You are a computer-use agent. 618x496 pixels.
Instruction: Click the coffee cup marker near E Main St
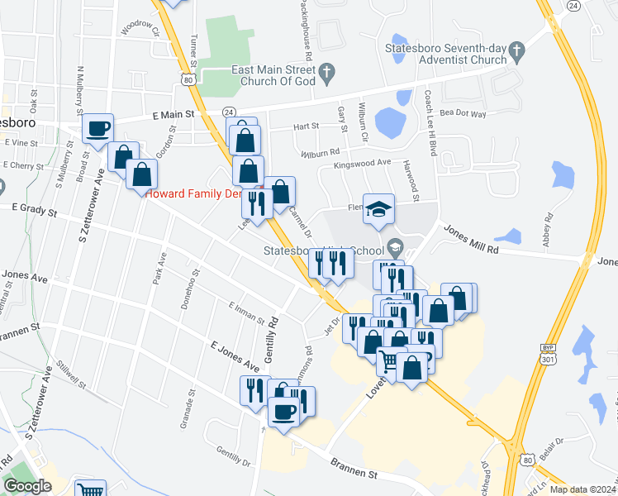(97, 129)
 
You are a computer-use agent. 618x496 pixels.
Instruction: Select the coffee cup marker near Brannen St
(283, 413)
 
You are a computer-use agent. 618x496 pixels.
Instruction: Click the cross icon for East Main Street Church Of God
(326, 72)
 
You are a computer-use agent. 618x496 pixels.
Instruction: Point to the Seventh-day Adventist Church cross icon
(517, 50)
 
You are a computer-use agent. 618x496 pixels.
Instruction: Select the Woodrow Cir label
(140, 28)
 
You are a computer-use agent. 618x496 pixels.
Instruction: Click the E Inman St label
(245, 312)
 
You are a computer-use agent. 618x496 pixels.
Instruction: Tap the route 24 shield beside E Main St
(228, 112)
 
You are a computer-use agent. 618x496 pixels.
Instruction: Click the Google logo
(27, 486)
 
